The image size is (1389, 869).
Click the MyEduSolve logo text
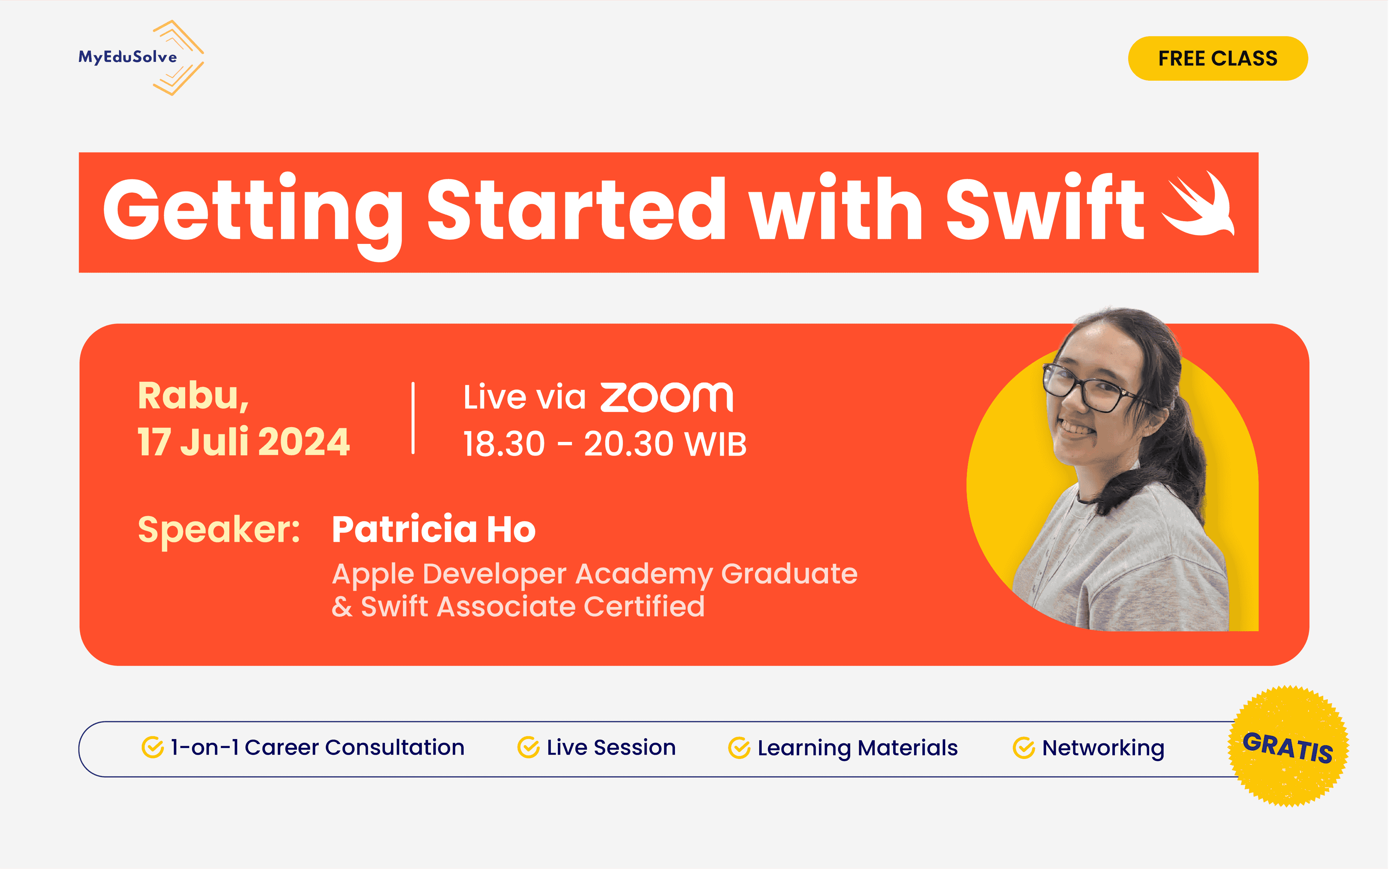[x=128, y=57]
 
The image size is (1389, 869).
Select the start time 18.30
[x=504, y=444]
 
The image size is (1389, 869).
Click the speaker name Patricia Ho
[x=434, y=530]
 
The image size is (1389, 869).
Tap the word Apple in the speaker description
[x=373, y=574]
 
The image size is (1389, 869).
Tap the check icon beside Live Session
[x=528, y=748]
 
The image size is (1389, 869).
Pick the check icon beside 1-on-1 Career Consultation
[x=152, y=748]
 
